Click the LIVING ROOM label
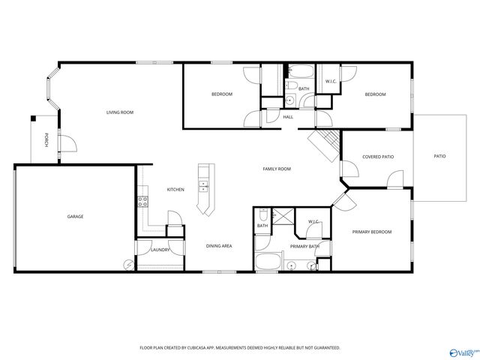(119, 112)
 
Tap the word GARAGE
(75, 217)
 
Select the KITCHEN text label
(175, 190)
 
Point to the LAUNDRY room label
(160, 250)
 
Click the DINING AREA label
(219, 246)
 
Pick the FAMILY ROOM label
(276, 169)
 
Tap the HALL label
(288, 117)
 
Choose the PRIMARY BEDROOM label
(372, 232)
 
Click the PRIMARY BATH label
(304, 247)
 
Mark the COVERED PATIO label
(378, 157)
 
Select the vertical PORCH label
(46, 139)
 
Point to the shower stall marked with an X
(283, 215)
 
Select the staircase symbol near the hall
(325, 143)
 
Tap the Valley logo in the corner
(462, 351)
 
